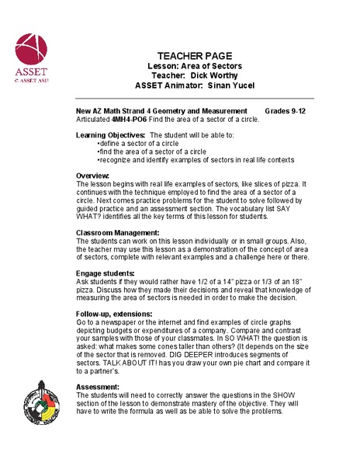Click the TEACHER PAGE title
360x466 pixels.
click(194, 56)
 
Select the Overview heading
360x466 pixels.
click(92, 176)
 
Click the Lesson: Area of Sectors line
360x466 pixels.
click(194, 67)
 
